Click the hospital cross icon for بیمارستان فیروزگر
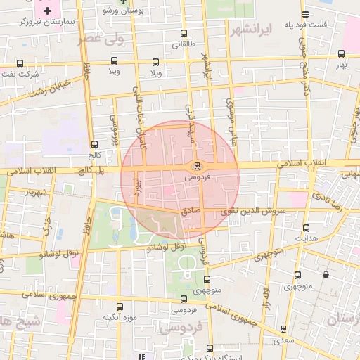pos(47,11)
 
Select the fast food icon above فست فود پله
pos(304,14)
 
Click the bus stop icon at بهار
pos(342,53)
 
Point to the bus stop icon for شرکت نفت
pos(19,63)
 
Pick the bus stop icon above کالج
pos(95,144)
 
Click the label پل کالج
pos(89,170)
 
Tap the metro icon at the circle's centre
pos(197,166)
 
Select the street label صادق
pos(191,210)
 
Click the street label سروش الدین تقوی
pos(254,210)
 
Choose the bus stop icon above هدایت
pos(306,228)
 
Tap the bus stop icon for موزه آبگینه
pos(119,307)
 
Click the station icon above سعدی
pos(283,329)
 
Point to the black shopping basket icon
pos(326,274)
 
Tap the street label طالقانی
pos(176,43)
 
